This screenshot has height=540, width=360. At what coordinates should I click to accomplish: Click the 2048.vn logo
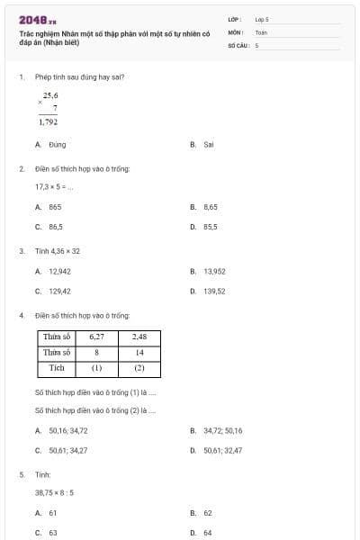[36, 19]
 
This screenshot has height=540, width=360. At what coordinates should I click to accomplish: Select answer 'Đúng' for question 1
[57, 144]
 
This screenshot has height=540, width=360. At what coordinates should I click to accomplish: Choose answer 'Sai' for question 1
[208, 144]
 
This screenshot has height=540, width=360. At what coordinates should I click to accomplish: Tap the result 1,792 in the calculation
[49, 121]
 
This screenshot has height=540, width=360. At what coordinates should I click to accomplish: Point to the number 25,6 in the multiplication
[50, 95]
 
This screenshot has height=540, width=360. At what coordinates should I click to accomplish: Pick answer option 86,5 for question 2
[55, 227]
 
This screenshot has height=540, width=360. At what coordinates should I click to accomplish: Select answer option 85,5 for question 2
[210, 227]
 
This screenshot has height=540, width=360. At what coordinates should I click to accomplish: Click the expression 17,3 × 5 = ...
[54, 186]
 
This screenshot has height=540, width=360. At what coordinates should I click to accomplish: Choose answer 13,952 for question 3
[214, 270]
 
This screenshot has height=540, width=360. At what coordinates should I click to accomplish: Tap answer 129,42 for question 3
[59, 291]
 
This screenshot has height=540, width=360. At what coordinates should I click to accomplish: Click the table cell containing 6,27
[97, 337]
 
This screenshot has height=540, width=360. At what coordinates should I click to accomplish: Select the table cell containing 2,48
[139, 337]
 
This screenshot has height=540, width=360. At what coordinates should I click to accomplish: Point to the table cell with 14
[139, 352]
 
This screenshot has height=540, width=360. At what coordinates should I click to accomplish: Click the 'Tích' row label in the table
[57, 367]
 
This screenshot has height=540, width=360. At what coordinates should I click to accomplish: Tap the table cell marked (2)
[139, 367]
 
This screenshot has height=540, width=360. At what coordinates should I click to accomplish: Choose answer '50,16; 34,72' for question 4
[67, 430]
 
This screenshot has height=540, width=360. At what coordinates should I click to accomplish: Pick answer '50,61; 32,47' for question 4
[222, 450]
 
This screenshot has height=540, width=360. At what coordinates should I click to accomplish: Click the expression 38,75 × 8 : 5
[55, 493]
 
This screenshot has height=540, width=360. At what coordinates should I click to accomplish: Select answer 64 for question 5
[208, 533]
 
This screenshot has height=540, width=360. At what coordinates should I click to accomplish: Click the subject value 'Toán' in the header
[261, 31]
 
